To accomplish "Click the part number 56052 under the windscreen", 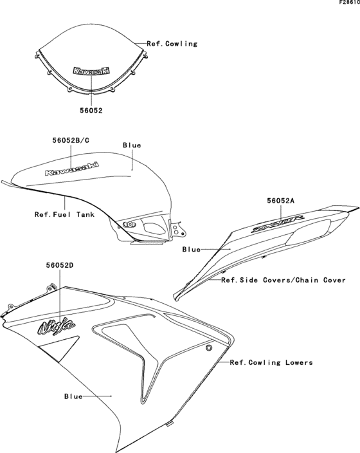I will click(91, 110).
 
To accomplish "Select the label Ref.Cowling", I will click(172, 44).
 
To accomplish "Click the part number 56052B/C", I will click(71, 140).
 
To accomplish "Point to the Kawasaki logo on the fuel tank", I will click(71, 168).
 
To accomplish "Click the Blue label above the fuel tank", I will click(132, 145).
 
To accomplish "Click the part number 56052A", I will click(281, 201).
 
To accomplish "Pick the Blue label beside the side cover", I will click(191, 249).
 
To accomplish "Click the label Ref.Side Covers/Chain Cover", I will click(283, 280).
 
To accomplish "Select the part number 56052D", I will click(60, 264).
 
